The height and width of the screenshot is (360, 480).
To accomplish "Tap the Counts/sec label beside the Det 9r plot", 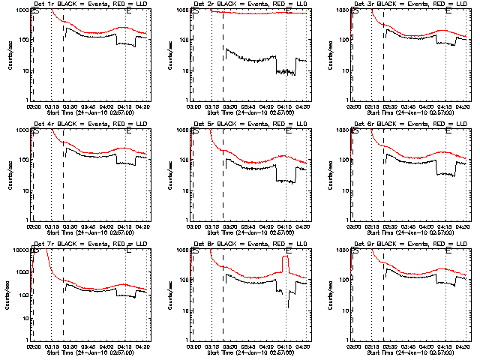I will [329, 295].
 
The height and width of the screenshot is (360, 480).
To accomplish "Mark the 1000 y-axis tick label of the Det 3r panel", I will [342, 10].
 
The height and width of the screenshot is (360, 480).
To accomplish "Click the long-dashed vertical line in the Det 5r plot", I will [223, 172].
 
